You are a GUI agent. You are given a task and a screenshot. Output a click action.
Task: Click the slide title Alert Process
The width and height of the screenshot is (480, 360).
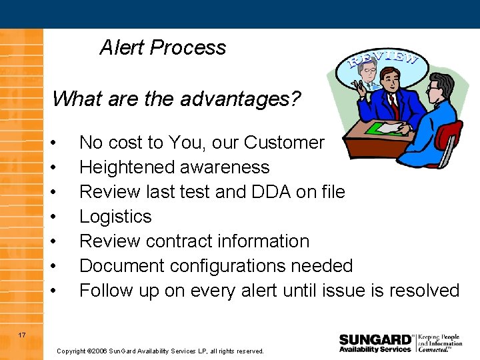tap(163, 47)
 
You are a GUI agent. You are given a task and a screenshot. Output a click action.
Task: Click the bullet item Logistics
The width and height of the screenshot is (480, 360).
tap(115, 217)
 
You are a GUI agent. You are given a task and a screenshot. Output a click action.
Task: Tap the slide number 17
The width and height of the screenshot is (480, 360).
tap(22, 335)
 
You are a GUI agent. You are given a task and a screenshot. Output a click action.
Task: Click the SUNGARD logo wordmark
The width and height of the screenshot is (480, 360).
tap(375, 339)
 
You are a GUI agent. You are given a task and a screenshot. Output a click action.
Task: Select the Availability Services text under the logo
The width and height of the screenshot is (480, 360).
tap(375, 349)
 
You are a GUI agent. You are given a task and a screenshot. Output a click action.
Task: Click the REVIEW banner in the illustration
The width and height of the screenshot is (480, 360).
tap(383, 62)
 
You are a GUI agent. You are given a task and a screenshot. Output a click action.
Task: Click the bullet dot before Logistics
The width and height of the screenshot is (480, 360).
tap(61, 217)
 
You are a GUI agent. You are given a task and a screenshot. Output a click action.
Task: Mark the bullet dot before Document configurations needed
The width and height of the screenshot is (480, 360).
tap(61, 266)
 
